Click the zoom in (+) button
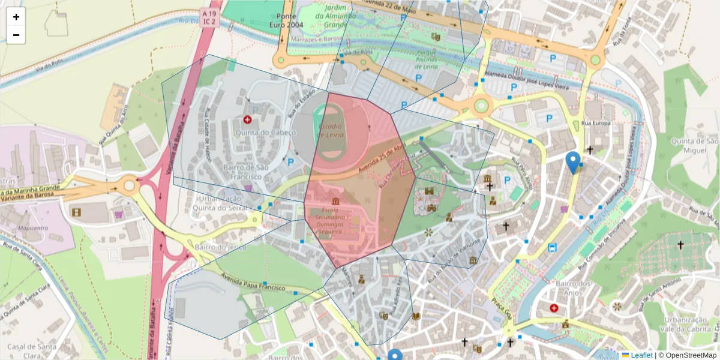pos(16,17)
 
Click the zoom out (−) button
pos(16,35)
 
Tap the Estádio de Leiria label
pos(330,131)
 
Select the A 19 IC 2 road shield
pos(209,17)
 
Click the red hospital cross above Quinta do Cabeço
pos(247,120)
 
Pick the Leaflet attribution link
pos(641,355)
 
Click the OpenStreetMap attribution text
pos(688,355)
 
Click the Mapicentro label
pos(33,228)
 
